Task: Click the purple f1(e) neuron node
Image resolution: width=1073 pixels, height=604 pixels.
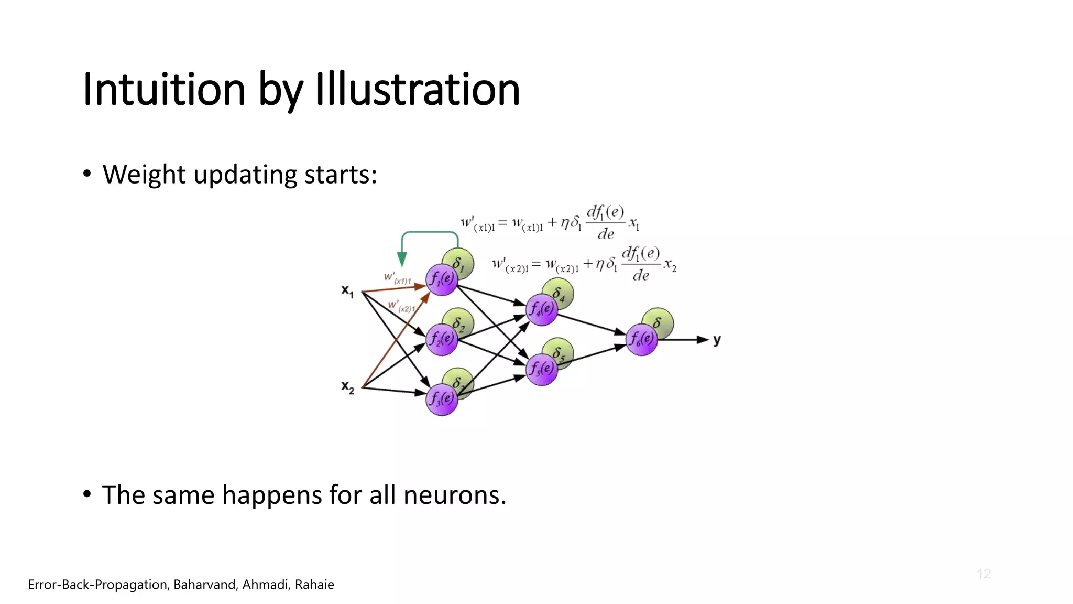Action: point(442,280)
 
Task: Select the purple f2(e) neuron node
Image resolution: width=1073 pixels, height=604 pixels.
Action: point(442,340)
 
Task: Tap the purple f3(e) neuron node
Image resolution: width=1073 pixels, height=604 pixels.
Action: point(442,400)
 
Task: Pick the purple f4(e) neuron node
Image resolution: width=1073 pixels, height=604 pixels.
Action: point(541,310)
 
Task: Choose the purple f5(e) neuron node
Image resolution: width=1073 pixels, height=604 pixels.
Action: point(541,370)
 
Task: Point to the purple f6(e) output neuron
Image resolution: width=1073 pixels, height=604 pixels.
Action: point(641,340)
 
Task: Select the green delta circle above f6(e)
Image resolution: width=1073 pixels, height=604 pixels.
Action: point(659,322)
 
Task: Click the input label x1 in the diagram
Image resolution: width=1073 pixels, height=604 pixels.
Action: point(347,291)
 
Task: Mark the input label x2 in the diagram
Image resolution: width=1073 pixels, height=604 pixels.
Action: point(347,387)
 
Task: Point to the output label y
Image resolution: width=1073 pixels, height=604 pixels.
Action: point(717,340)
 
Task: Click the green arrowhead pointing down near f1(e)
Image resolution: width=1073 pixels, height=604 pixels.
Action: point(402,259)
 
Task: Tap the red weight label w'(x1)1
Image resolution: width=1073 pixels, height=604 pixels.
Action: point(397,278)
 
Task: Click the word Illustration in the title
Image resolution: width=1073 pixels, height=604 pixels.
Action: point(417,89)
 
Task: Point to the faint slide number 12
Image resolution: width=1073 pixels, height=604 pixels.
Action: point(983,574)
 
